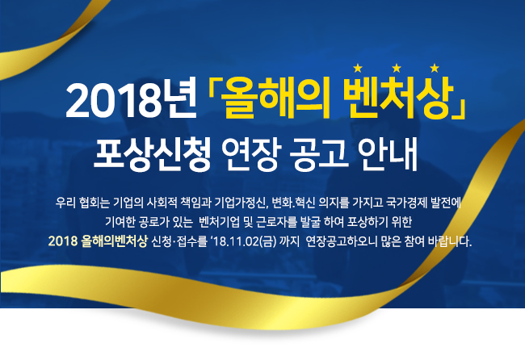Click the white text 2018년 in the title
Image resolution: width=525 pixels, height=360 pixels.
pos(131,100)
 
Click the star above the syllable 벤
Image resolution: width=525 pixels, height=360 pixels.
pos(358,69)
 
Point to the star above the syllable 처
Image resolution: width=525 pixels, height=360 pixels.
pos(397,69)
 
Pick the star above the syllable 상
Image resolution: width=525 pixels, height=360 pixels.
pos(435,69)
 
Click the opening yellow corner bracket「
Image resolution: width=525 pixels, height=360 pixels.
pos(213,90)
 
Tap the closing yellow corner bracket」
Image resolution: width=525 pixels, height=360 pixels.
pos(460,107)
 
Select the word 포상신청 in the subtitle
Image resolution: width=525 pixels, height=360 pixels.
pos(152,154)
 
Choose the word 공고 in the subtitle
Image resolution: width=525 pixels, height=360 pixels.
pos(319,154)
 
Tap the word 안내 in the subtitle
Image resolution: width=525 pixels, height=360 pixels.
pos(388,154)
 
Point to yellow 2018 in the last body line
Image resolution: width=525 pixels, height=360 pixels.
pos(63,241)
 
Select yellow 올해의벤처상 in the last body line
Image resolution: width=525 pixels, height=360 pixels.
pos(114,241)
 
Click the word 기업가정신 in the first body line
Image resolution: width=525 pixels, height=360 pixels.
pos(241,203)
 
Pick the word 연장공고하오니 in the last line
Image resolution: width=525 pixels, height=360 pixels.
pos(342,241)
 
